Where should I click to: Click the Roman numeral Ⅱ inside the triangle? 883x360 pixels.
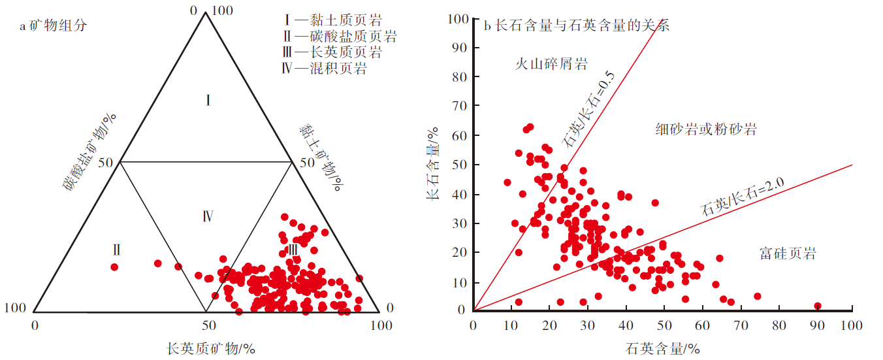pos(116,250)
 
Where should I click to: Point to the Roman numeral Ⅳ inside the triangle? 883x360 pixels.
pos(207,216)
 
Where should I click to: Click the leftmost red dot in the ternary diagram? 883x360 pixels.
pos(114,267)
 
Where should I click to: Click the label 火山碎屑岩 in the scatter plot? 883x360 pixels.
pos(551,64)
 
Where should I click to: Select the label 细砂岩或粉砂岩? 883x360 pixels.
pos(705,129)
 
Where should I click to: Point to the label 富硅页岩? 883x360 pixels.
pos(788,253)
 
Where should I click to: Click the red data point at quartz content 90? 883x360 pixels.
pos(817,306)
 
